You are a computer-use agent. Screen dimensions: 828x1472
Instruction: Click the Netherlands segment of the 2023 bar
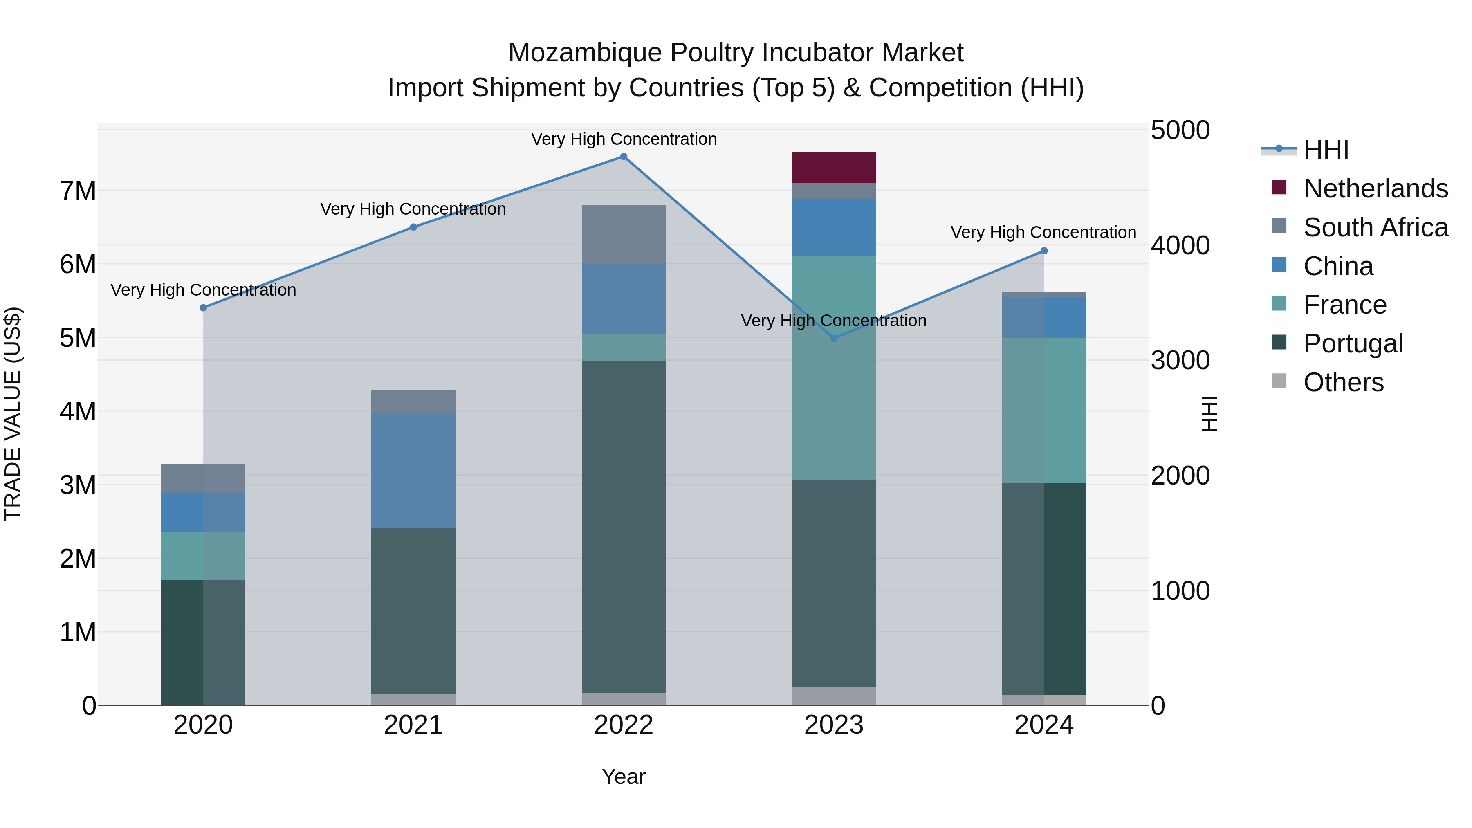(x=834, y=167)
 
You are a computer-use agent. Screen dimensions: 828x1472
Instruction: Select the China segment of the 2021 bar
(x=413, y=471)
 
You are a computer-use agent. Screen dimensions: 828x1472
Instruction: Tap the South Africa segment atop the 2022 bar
(x=624, y=234)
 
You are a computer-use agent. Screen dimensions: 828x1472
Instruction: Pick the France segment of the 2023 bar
(x=834, y=368)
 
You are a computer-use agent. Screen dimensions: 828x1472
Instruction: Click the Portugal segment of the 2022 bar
(x=624, y=526)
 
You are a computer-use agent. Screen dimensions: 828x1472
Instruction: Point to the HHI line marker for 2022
(x=624, y=157)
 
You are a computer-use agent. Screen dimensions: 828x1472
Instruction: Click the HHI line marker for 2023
(x=834, y=338)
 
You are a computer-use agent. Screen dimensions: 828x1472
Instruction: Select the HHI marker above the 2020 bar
(x=204, y=308)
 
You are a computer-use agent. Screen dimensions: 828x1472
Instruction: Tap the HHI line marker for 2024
(x=1044, y=251)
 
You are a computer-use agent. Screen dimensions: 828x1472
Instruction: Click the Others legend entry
(x=1343, y=382)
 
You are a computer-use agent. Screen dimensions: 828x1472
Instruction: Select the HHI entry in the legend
(x=1326, y=150)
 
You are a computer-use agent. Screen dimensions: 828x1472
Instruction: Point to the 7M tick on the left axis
(x=78, y=191)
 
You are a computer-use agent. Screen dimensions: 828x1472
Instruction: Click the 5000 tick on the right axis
(x=1180, y=130)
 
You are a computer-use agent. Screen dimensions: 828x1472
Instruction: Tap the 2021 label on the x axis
(x=413, y=725)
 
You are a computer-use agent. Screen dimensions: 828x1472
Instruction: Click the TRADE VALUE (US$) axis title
(x=13, y=414)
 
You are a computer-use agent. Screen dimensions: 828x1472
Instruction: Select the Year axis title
(x=624, y=776)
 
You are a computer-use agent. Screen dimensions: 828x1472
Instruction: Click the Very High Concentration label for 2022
(x=624, y=139)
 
